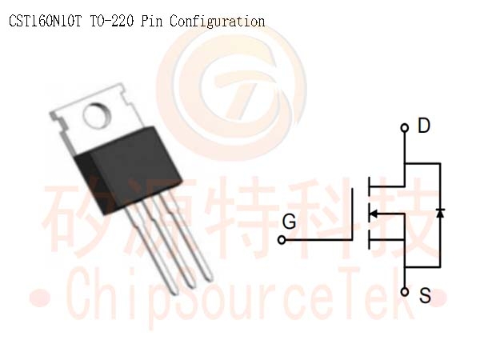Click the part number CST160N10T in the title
(x=46, y=22)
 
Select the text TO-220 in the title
(x=112, y=22)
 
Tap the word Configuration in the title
(x=218, y=22)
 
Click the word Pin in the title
(x=151, y=22)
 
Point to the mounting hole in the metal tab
(x=97, y=115)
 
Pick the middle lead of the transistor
(x=170, y=242)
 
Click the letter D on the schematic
(x=424, y=126)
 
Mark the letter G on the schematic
(x=289, y=222)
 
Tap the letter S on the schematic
(x=425, y=295)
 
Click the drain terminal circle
(x=404, y=128)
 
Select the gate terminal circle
(x=282, y=240)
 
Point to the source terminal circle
(x=404, y=292)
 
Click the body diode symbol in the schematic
(x=440, y=213)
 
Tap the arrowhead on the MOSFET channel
(x=374, y=214)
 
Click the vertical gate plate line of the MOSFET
(x=352, y=214)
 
